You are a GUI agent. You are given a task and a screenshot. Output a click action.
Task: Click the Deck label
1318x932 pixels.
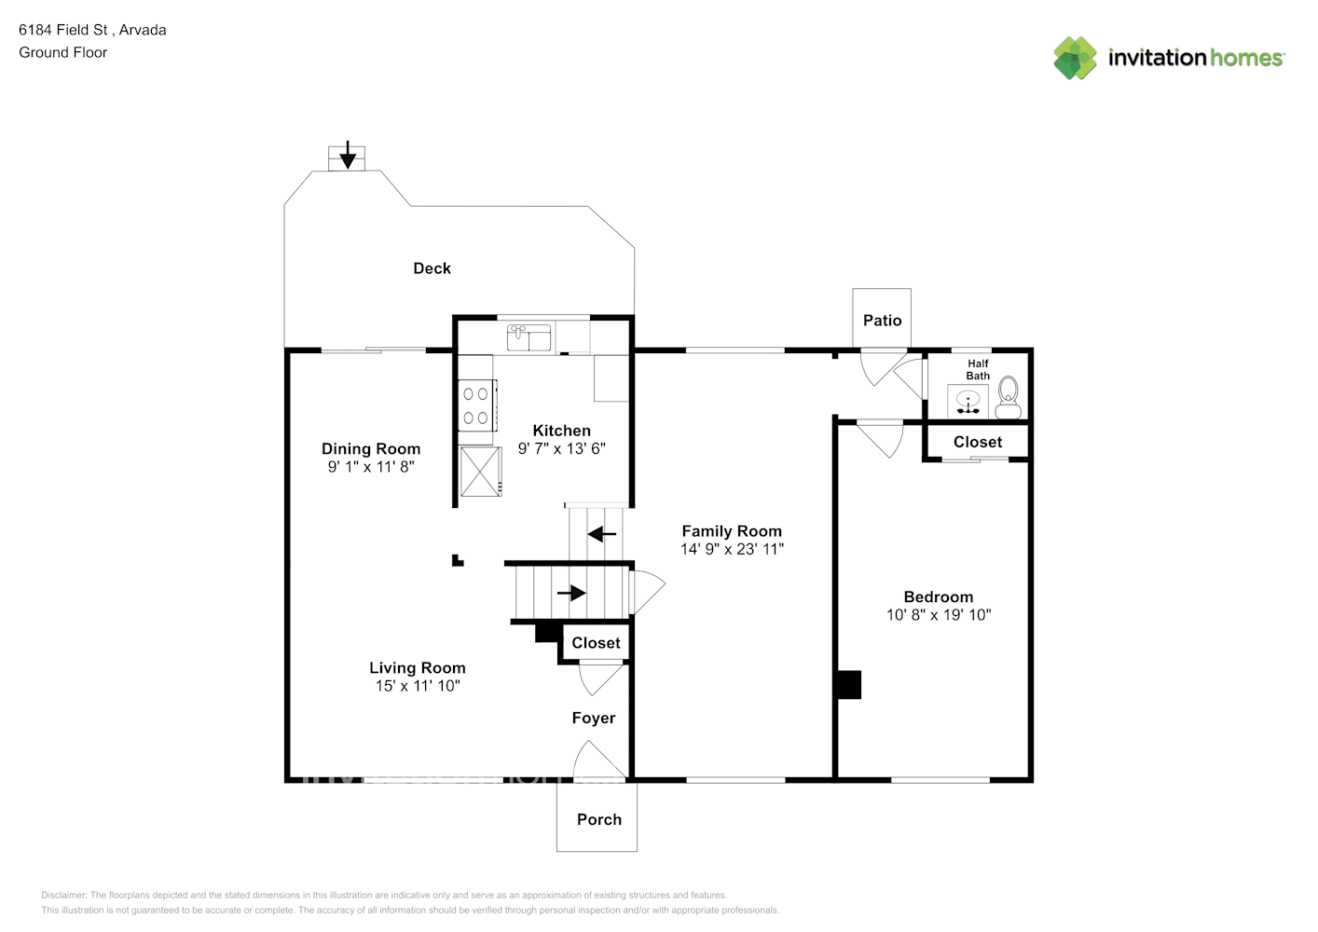click(432, 268)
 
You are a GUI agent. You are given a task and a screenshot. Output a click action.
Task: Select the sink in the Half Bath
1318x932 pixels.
click(968, 402)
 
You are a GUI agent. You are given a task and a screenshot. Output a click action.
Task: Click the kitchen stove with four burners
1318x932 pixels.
click(476, 406)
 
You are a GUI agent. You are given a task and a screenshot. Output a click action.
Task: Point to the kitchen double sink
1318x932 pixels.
click(529, 337)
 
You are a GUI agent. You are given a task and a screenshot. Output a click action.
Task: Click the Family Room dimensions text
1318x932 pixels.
click(732, 549)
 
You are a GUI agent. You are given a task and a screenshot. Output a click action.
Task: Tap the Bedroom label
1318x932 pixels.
click(938, 597)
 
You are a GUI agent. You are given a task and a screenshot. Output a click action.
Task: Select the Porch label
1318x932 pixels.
click(598, 819)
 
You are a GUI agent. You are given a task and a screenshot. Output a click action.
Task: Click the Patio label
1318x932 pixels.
click(882, 321)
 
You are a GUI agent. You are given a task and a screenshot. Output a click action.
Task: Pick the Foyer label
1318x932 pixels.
click(594, 718)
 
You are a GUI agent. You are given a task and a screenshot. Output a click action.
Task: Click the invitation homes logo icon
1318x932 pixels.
click(1076, 58)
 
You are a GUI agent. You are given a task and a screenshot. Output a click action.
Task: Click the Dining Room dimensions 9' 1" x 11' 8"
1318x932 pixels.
click(371, 467)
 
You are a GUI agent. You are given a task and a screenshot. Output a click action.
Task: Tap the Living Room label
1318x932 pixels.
click(417, 667)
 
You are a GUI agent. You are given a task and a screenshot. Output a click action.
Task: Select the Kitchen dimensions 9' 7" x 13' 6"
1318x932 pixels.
click(562, 448)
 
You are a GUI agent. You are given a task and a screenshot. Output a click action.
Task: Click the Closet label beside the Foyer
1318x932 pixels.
click(596, 643)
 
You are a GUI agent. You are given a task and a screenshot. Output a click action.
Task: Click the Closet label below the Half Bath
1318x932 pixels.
click(978, 442)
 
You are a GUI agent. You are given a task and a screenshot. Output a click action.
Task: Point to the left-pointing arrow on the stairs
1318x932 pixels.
click(602, 535)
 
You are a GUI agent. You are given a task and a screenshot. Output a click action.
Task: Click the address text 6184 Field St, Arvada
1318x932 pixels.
click(92, 30)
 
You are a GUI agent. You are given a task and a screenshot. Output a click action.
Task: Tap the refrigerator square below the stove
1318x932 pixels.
click(481, 472)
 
